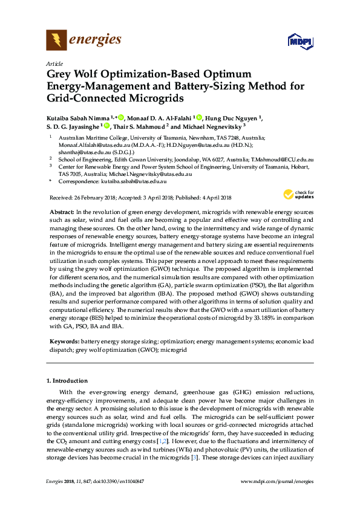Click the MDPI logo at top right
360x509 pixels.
tap(299, 42)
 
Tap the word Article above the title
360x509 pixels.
tap(55, 63)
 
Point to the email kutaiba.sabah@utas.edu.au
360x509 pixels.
tap(134, 181)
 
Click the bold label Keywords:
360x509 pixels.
tap(64, 342)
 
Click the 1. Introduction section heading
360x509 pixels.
tap(67, 381)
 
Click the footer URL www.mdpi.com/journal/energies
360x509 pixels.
tap(277, 481)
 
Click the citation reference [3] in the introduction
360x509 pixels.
tap(194, 456)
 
